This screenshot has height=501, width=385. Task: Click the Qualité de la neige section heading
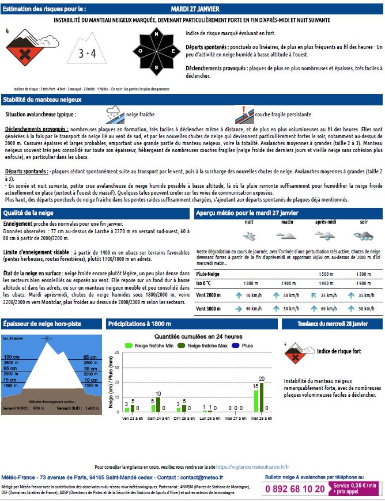tap(28, 212)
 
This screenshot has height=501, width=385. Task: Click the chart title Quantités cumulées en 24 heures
tap(198, 336)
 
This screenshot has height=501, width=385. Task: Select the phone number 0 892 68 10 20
tap(295, 488)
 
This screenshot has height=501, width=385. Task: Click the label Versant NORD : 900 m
tap(23, 408)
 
